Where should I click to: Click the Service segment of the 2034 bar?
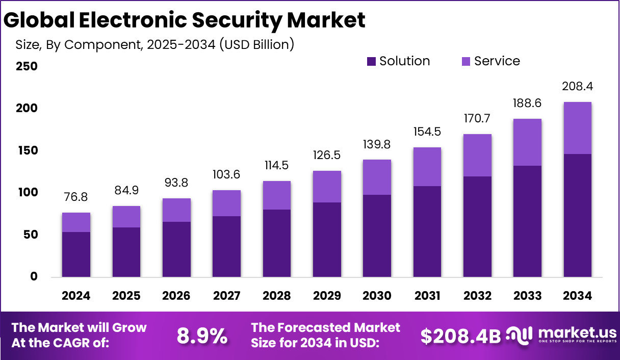click(x=577, y=128)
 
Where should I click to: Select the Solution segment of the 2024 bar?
click(x=76, y=254)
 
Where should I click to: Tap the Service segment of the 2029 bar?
click(x=327, y=187)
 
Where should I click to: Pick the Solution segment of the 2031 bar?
click(x=427, y=232)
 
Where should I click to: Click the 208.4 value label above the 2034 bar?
click(x=577, y=86)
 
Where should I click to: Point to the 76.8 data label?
click(x=76, y=197)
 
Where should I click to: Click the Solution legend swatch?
click(x=371, y=62)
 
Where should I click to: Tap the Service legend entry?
click(x=497, y=61)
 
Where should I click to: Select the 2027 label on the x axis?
click(x=226, y=296)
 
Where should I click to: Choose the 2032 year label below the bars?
click(x=477, y=296)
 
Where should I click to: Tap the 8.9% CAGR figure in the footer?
click(x=202, y=336)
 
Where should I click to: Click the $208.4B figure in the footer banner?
click(x=461, y=336)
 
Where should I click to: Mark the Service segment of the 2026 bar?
click(x=176, y=210)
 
